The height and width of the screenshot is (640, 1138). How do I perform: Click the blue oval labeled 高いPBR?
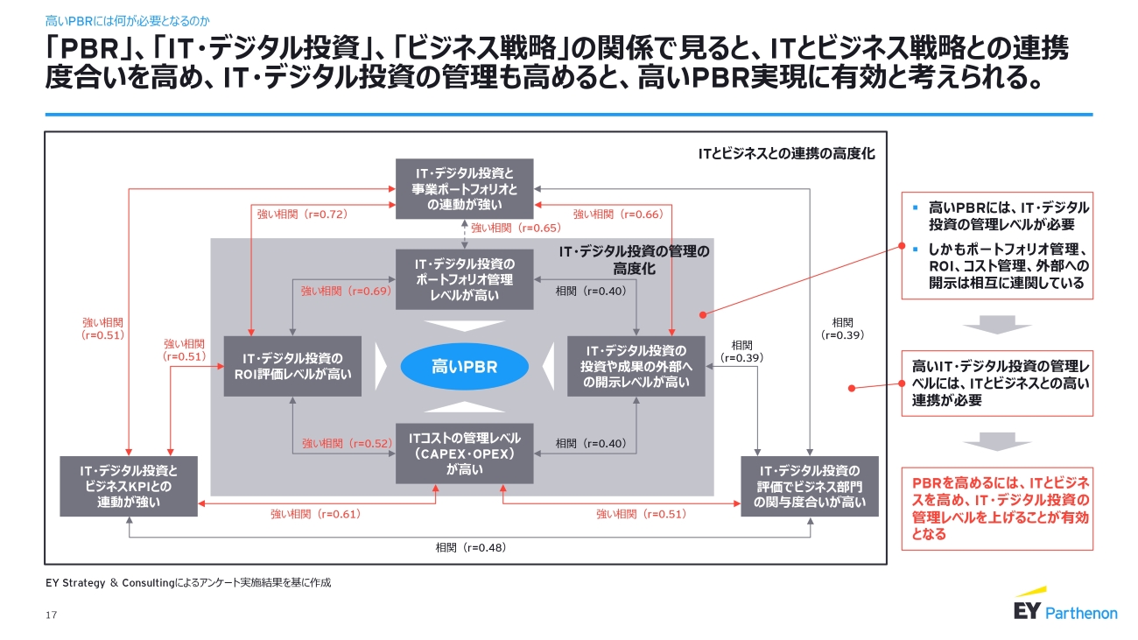coord(463,367)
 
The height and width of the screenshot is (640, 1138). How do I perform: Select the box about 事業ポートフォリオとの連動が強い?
coord(464,188)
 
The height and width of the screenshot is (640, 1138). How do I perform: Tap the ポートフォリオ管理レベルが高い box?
coord(464,279)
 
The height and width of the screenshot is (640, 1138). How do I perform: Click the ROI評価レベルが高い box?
coord(292,366)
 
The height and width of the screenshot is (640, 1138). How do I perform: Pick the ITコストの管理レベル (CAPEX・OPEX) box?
coord(464,454)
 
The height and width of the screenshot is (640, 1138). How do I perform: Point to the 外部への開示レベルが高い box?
coord(636,366)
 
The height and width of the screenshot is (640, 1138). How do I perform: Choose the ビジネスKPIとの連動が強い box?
coord(130,486)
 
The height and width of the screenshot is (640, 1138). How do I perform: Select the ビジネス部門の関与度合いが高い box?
coord(810,486)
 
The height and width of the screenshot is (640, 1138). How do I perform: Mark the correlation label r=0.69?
coord(346,292)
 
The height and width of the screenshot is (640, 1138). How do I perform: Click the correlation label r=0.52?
coord(346,444)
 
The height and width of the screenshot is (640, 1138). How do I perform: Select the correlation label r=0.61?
coord(315,514)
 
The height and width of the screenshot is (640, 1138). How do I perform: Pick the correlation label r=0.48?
coord(471,548)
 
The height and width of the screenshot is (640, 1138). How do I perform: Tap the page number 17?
coord(51,615)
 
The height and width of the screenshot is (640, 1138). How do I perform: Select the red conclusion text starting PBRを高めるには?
coord(996,508)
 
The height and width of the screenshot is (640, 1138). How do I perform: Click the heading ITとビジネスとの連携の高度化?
coord(786,153)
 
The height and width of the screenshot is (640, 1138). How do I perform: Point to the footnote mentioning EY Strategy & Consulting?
coord(188,582)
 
